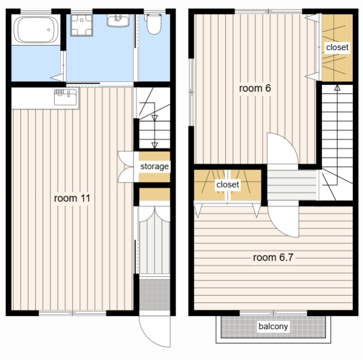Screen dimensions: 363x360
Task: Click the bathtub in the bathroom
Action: click(36, 30)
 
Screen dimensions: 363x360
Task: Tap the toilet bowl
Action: click(153, 24)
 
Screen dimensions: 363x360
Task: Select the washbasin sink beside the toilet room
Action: click(118, 20)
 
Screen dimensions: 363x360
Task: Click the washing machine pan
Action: click(81, 25)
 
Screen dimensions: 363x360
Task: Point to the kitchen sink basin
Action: click(65, 97)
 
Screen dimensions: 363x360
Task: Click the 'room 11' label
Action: click(72, 198)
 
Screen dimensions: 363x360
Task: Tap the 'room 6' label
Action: click(255, 88)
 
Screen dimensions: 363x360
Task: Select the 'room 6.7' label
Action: click(273, 257)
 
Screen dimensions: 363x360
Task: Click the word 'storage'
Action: click(155, 166)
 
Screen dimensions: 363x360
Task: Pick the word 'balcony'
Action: click(273, 326)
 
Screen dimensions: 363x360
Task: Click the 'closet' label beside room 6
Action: click(337, 47)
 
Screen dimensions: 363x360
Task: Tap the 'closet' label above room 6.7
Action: click(228, 184)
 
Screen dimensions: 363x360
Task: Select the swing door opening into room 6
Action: click(283, 148)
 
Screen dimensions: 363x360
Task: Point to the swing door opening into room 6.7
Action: click(283, 222)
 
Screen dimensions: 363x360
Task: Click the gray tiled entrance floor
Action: click(155, 295)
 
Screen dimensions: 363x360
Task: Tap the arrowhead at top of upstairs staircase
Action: click(337, 88)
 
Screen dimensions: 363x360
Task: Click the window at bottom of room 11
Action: click(73, 313)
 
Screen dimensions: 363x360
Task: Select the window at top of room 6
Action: click(268, 11)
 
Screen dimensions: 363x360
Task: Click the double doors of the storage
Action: click(126, 167)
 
